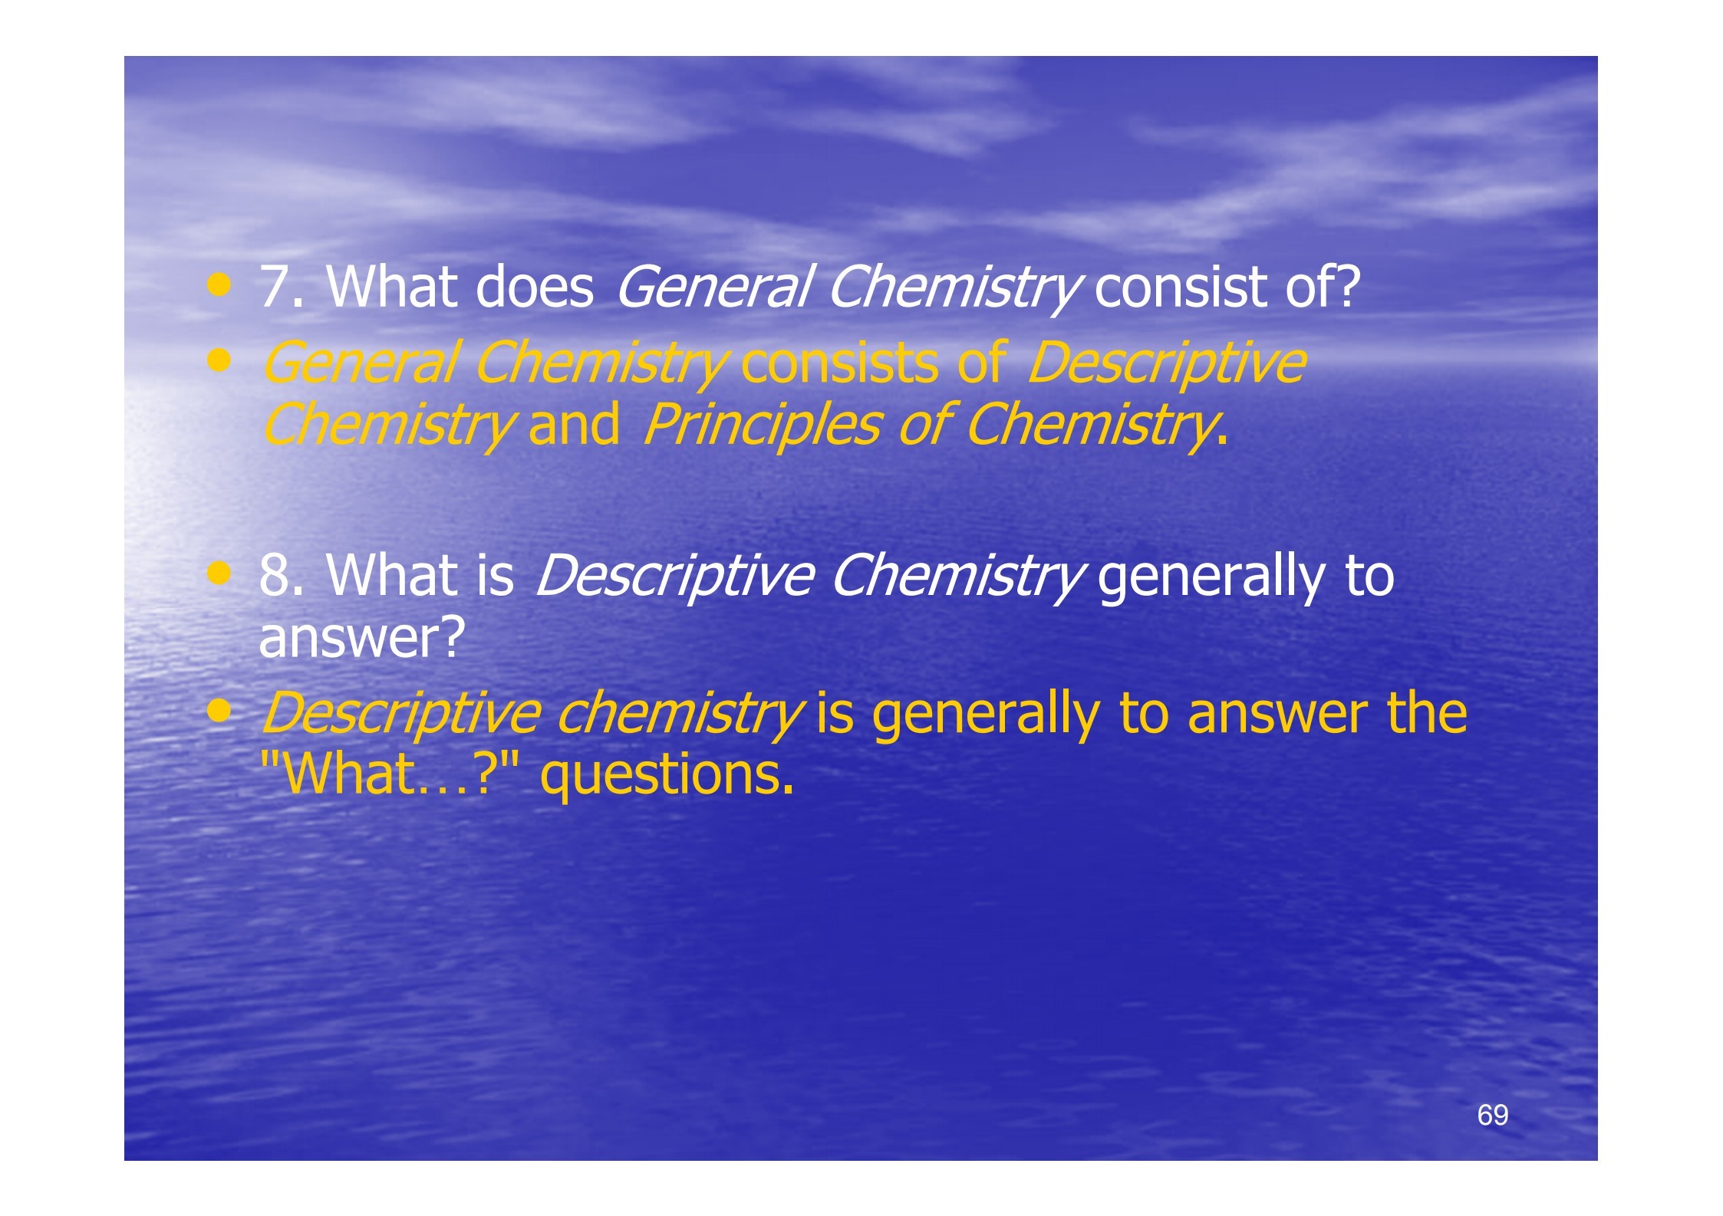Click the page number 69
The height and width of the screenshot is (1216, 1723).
coord(1492,1115)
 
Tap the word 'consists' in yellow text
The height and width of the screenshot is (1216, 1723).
coord(839,363)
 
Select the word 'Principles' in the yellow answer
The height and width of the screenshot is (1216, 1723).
coord(762,424)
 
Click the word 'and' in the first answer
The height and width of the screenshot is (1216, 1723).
coord(574,424)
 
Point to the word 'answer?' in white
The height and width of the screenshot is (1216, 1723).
coord(362,637)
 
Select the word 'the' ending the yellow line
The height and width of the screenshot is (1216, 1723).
coord(1427,712)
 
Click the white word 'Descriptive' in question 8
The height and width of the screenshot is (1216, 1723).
coord(674,575)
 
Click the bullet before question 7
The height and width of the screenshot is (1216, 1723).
coord(219,287)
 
